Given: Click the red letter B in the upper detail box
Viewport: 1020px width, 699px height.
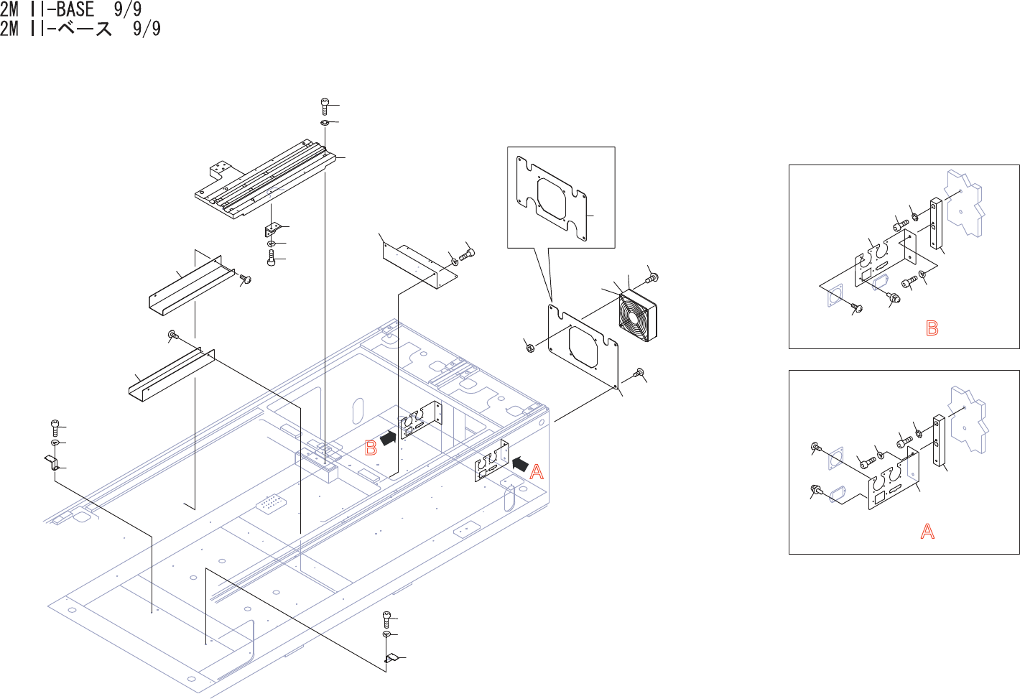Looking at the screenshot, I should [932, 328].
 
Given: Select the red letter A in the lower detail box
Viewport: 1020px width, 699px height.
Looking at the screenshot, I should [927, 532].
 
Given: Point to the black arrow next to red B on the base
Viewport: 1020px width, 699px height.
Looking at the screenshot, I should [388, 438].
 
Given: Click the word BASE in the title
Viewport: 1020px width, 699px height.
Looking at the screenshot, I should [75, 9].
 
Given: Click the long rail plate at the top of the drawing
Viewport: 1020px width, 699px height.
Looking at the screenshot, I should [266, 183].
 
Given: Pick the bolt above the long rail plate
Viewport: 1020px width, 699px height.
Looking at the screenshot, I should [325, 106].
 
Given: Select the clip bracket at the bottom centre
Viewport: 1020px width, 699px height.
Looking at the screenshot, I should [391, 657].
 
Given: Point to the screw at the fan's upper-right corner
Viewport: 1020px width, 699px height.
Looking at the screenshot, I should [652, 277].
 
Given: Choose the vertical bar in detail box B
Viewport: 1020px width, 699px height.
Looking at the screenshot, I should [936, 224].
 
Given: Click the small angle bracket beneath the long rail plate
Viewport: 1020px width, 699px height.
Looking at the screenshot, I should [272, 229].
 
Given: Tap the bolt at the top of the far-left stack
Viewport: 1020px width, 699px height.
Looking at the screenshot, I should [55, 427].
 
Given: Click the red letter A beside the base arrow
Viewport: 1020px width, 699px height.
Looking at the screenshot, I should [537, 473].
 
